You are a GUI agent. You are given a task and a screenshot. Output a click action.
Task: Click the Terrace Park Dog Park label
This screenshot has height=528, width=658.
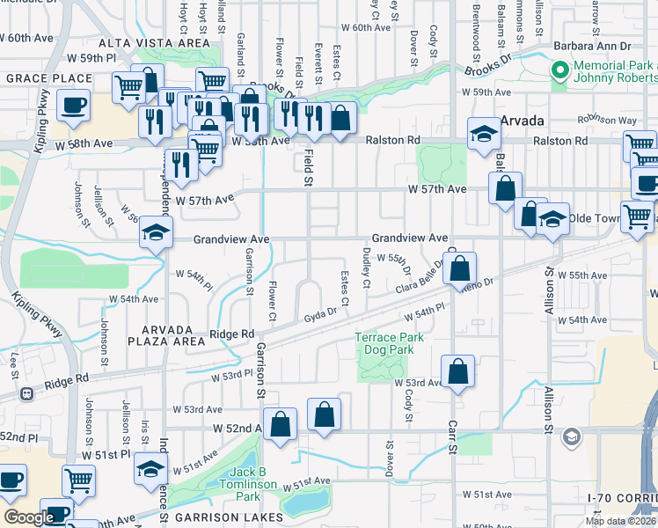(389, 343)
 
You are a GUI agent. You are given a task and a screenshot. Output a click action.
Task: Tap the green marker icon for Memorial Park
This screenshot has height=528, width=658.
(559, 70)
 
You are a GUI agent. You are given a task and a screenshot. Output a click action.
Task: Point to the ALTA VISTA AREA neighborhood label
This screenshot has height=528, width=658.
(154, 42)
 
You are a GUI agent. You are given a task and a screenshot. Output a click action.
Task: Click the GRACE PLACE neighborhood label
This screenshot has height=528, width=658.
(38, 78)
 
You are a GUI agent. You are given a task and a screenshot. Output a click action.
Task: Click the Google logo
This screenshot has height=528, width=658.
(29, 517)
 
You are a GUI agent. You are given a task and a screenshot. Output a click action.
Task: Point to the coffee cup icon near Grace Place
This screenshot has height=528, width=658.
(72, 106)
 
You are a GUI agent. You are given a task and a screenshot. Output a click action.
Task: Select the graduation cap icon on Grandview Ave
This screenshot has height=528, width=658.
(154, 233)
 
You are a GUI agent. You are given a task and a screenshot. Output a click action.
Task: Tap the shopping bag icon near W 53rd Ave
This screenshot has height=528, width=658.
(457, 372)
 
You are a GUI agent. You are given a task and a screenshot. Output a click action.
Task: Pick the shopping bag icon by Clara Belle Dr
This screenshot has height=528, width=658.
(461, 267)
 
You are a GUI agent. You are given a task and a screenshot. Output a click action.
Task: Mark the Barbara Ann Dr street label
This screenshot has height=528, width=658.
(592, 47)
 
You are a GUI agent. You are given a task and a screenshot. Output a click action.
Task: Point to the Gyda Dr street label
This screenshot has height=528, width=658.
(320, 314)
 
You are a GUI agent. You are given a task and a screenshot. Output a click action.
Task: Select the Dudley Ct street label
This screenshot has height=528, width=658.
(366, 267)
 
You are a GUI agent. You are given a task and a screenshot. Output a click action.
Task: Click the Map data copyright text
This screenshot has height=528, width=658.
(621, 520)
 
